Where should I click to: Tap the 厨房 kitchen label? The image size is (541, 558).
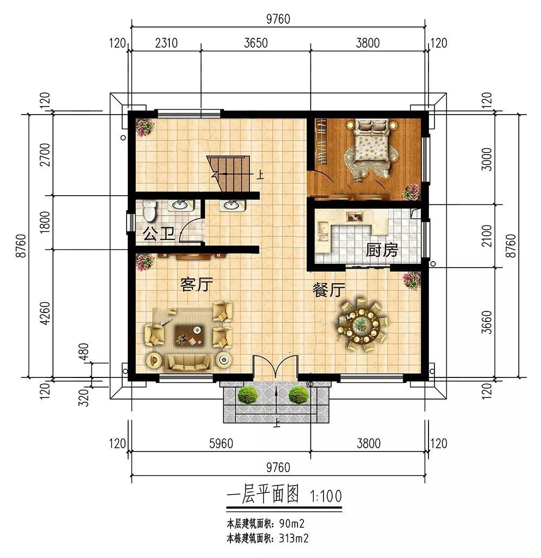381,250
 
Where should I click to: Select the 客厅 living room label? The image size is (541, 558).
196,285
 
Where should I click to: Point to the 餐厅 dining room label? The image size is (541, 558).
329,290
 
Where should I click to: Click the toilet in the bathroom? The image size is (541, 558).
149,210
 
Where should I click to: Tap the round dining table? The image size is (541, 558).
362,325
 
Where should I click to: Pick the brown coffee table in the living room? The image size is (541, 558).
189,335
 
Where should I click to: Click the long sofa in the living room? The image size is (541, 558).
189,362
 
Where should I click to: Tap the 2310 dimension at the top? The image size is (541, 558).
166,43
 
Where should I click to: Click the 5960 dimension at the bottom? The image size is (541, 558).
221,443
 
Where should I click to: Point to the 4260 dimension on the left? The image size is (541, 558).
45,314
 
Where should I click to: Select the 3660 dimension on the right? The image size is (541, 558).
486,322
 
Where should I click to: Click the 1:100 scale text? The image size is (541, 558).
326,496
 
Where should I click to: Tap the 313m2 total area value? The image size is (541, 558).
294,539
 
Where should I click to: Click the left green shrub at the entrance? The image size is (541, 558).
248,394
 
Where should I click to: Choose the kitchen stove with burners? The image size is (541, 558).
355,216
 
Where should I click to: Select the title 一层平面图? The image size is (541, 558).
263,495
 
